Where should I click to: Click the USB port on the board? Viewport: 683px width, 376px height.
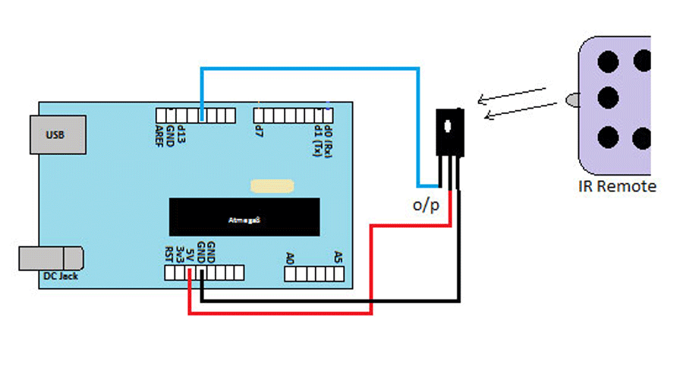pyautogui.click(x=55, y=135)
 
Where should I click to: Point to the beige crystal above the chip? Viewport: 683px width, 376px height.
pyautogui.click(x=272, y=185)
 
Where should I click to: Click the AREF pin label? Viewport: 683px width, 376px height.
pyautogui.click(x=160, y=137)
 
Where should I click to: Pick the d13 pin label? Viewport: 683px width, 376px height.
pyautogui.click(x=182, y=135)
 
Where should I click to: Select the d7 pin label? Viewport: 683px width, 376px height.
pyautogui.click(x=259, y=131)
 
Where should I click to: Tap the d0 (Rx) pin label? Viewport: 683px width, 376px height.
pyautogui.click(x=328, y=137)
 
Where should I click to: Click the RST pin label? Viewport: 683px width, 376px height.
pyautogui.click(x=169, y=253)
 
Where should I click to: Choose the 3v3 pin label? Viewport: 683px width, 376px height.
pyautogui.click(x=180, y=253)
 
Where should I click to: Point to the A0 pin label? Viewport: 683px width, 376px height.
pyautogui.click(x=290, y=258)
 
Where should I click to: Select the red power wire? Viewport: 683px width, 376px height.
pyautogui.click(x=370, y=266)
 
